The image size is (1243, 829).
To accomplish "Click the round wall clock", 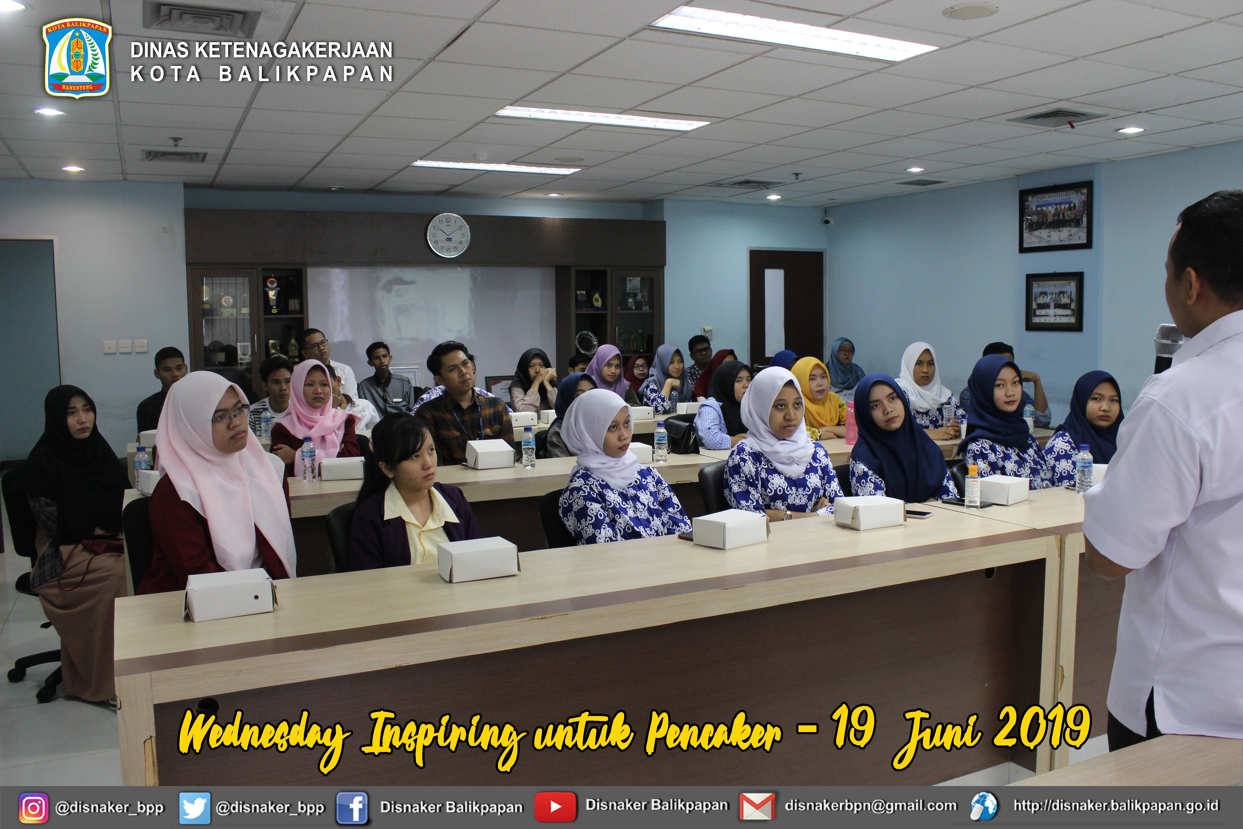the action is [448, 235].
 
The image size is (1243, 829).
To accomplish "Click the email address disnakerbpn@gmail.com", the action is [870, 806].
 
